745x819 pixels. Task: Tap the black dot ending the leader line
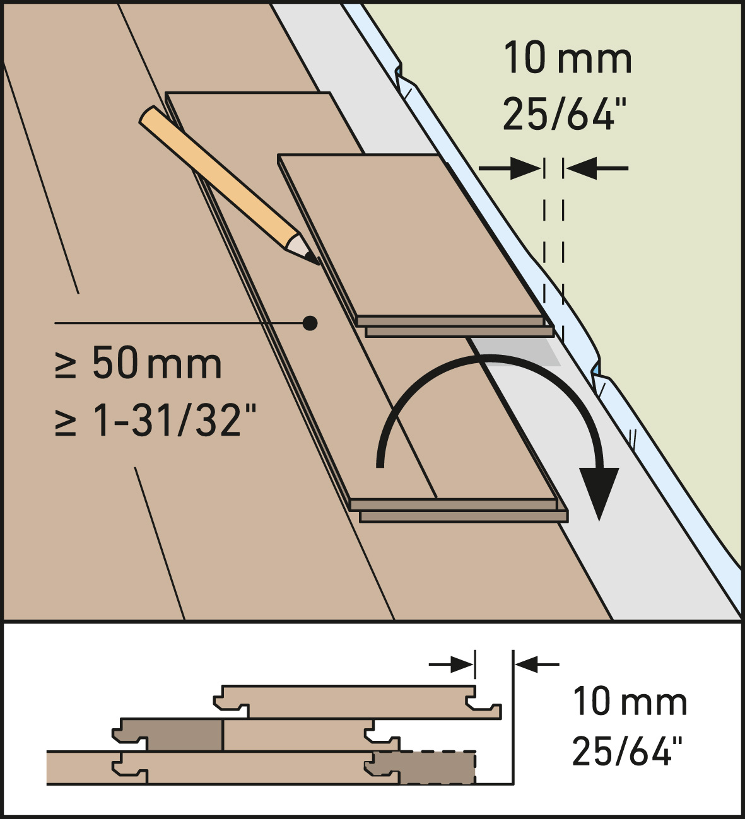click(x=310, y=323)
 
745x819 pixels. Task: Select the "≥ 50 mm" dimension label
click(x=138, y=363)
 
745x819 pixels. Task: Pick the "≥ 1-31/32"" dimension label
click(x=155, y=420)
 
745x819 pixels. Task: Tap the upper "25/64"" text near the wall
click(x=559, y=113)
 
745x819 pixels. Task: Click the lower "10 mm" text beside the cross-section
click(x=630, y=702)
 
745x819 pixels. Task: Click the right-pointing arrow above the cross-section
click(x=451, y=665)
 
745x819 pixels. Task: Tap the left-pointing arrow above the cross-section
click(x=537, y=665)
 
